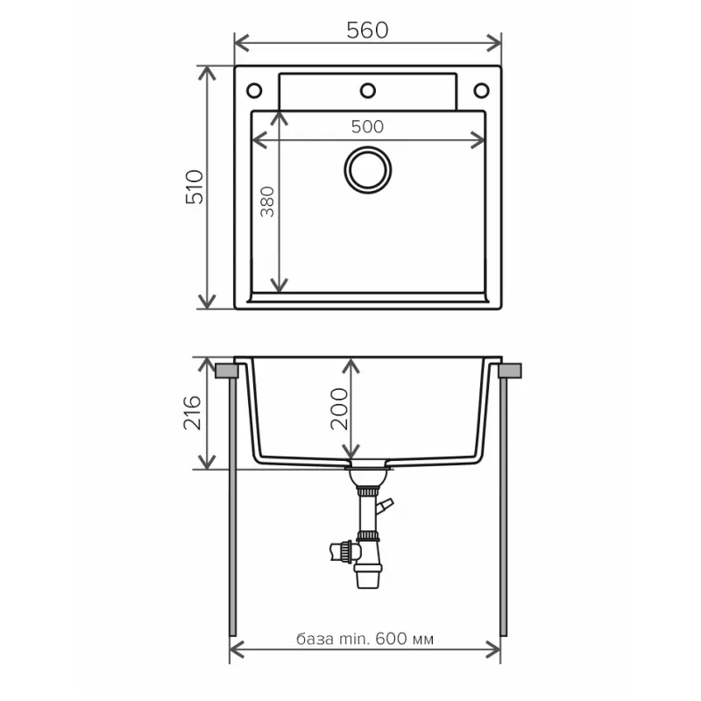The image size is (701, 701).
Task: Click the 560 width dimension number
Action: [367, 31]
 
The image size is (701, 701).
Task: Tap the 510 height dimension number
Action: [195, 187]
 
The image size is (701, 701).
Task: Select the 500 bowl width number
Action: [367, 127]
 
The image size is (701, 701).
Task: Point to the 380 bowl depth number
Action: [267, 202]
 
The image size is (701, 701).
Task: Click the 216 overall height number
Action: [192, 412]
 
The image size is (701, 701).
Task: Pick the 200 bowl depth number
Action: [339, 408]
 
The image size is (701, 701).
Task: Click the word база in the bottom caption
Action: [315, 639]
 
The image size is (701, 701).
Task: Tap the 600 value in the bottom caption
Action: [391, 639]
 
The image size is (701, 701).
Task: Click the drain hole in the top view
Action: [368, 170]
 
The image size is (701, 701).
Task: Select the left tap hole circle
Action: [254, 91]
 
